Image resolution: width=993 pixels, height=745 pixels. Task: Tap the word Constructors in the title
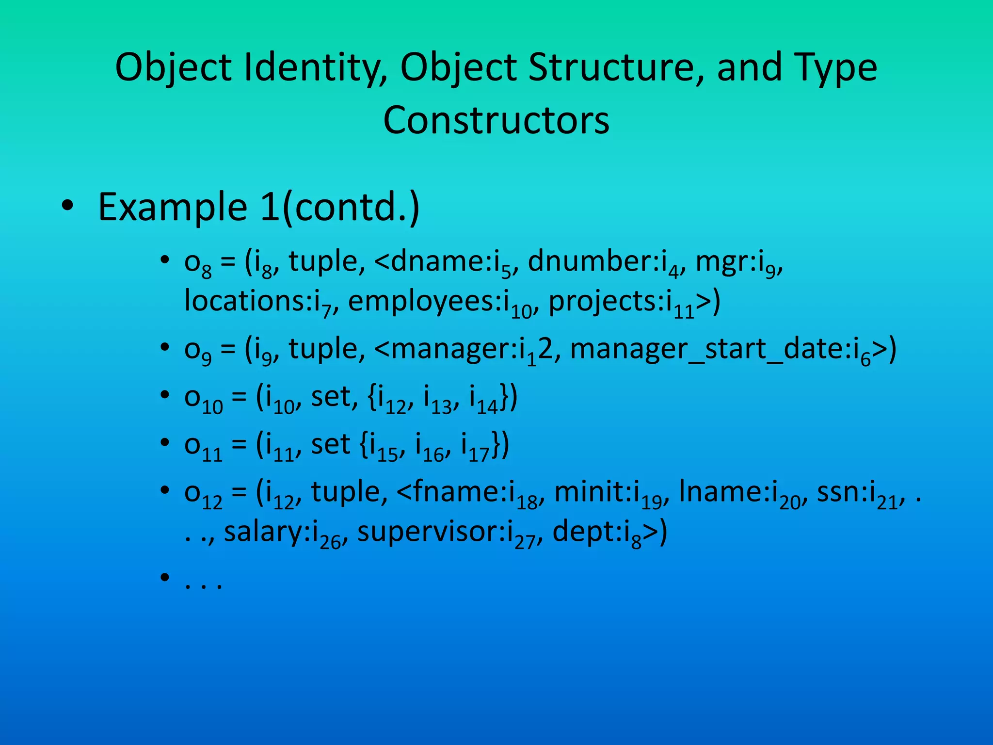point(496,120)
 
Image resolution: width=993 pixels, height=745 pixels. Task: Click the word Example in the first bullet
point(173,208)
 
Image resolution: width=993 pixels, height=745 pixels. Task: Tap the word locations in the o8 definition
point(247,301)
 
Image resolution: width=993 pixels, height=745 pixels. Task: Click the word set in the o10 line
point(331,397)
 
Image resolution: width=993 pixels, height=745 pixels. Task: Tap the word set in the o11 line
point(330,444)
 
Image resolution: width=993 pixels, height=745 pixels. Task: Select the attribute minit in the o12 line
point(592,492)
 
